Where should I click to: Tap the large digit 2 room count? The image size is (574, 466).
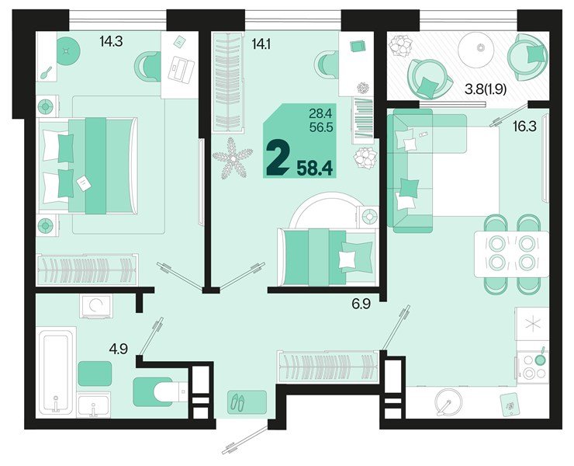click(x=276, y=158)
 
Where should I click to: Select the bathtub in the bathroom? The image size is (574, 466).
click(x=56, y=372)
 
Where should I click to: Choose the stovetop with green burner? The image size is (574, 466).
click(x=533, y=366)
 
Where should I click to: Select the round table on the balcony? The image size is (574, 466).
click(x=480, y=48)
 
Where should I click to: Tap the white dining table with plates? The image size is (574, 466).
click(x=510, y=252)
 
